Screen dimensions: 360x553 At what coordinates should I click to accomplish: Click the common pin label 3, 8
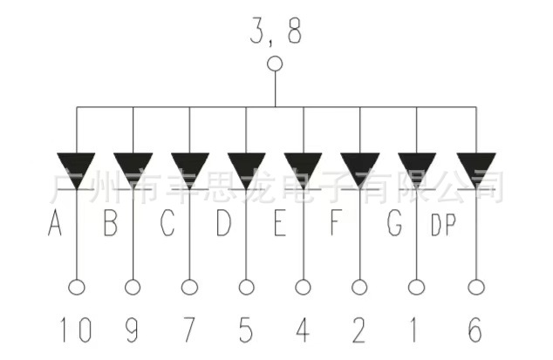[x=275, y=34]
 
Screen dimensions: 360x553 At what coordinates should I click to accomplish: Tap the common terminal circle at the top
[x=275, y=64]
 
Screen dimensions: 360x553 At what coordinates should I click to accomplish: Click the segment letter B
[x=111, y=225]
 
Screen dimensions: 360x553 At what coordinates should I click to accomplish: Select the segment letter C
[x=167, y=225]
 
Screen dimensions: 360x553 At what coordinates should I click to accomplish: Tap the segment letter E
[x=279, y=225]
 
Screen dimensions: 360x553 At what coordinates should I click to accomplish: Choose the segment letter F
[x=336, y=225]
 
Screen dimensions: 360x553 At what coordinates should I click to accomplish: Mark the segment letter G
[x=394, y=225]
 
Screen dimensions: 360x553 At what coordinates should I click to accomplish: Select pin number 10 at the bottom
[x=75, y=329]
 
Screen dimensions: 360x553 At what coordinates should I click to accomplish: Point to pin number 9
[x=133, y=329]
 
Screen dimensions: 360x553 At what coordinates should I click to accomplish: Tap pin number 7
[x=189, y=329]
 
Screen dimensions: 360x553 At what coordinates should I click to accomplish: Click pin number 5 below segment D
[x=246, y=329]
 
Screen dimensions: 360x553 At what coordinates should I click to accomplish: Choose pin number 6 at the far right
[x=474, y=329]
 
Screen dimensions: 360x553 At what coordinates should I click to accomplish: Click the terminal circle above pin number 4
[x=304, y=286]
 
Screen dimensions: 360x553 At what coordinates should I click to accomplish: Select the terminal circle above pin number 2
[x=359, y=286]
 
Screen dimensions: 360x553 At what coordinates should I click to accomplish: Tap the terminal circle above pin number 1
[x=416, y=286]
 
